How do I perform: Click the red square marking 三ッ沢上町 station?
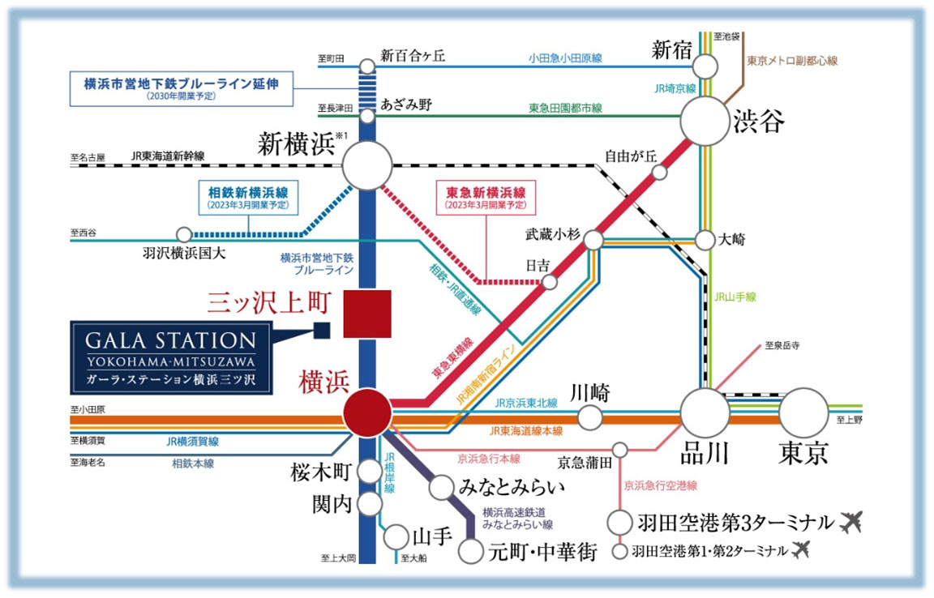pyautogui.click(x=367, y=314)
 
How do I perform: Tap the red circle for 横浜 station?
pyautogui.click(x=367, y=412)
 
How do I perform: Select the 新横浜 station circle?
pyautogui.click(x=367, y=165)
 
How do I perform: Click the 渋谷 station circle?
pyautogui.click(x=705, y=121)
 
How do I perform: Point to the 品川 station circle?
pyautogui.click(x=705, y=412)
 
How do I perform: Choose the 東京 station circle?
pyautogui.click(x=803, y=412)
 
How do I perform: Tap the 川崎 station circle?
pyautogui.click(x=590, y=417)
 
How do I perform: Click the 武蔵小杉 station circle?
pyautogui.click(x=593, y=240)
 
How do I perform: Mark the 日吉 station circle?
pyautogui.click(x=550, y=282)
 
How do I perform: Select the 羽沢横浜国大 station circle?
pyautogui.click(x=184, y=234)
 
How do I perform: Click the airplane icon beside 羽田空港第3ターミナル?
pyautogui.click(x=851, y=523)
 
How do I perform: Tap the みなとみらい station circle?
pyautogui.click(x=441, y=487)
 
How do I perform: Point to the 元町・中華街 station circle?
pyautogui.click(x=470, y=551)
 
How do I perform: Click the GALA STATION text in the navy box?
pyautogui.click(x=171, y=340)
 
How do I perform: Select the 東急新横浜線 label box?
pyautogui.click(x=486, y=198)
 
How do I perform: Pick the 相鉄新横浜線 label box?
pyautogui.click(x=248, y=198)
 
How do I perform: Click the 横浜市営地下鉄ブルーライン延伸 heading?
pyautogui.click(x=181, y=83)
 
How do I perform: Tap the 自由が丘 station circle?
pyautogui.click(x=659, y=172)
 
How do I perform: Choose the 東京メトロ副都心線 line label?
pyautogui.click(x=792, y=61)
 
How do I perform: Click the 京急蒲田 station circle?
pyautogui.click(x=620, y=449)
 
